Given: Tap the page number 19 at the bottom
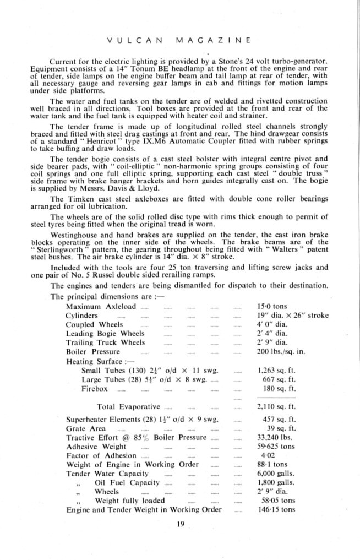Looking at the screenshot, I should pyautogui.click(x=179, y=524).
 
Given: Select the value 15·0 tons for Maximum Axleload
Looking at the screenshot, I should pyautogui.click(x=272, y=306).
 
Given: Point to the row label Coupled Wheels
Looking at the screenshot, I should pyautogui.click(x=94, y=324).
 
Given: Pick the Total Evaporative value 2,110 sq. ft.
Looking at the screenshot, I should pyautogui.click(x=277, y=407).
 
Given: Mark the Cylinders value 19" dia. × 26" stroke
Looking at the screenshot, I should pyautogui.click(x=293, y=316).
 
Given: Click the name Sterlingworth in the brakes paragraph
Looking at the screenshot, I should pyautogui.click(x=62, y=248).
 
